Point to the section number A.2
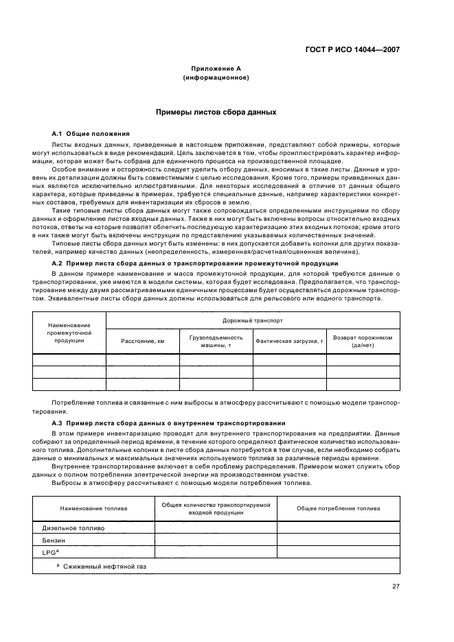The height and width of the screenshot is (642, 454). pos(58,263)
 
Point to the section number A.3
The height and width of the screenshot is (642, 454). pos(58,423)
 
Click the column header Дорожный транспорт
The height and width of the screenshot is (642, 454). pos(253,320)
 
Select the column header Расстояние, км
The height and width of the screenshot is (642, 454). pos(143,341)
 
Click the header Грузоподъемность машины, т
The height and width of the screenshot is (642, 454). pos(216,341)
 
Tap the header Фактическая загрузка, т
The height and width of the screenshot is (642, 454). pos(289,341)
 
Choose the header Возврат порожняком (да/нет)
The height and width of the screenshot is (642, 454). pos(363,341)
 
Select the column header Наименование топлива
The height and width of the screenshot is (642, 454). pos(93,508)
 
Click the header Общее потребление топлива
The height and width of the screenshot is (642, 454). pos(338,508)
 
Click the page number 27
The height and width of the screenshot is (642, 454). pos(396,586)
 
